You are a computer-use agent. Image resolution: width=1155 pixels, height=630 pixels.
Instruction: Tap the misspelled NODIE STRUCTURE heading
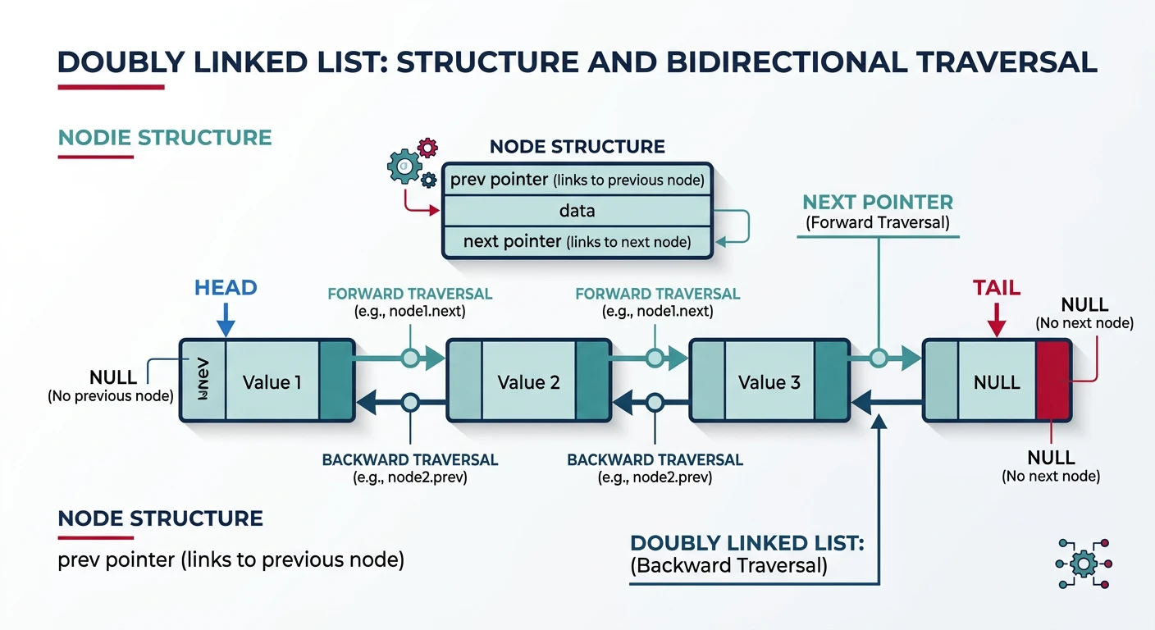(x=165, y=136)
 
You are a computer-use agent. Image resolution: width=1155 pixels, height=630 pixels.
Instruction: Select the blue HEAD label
(x=226, y=288)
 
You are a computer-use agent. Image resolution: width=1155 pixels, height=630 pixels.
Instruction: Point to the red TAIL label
(x=996, y=288)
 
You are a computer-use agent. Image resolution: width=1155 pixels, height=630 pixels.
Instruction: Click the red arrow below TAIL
(x=996, y=320)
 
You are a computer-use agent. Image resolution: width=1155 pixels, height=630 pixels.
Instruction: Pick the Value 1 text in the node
(x=272, y=382)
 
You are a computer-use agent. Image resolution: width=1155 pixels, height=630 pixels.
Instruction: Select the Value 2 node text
(x=529, y=382)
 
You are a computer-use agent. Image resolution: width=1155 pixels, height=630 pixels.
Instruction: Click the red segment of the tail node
(x=1053, y=381)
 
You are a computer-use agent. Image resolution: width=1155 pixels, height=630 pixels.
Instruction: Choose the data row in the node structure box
(x=577, y=211)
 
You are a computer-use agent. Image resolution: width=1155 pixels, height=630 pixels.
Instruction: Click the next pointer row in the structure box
(x=577, y=242)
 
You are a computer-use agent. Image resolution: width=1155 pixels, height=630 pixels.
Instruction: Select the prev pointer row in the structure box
(x=577, y=180)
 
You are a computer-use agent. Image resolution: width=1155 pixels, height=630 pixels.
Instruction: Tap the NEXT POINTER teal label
(x=878, y=203)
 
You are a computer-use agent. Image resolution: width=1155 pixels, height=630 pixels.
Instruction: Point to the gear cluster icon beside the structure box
(x=411, y=164)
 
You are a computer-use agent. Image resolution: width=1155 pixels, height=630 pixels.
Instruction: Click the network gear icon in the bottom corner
(x=1084, y=562)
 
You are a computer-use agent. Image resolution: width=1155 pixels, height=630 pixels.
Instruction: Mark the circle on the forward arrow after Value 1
(x=409, y=358)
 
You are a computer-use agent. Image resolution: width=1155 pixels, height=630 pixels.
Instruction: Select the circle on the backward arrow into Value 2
(x=410, y=402)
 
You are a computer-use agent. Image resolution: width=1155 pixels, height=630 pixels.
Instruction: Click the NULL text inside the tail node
(x=996, y=382)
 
